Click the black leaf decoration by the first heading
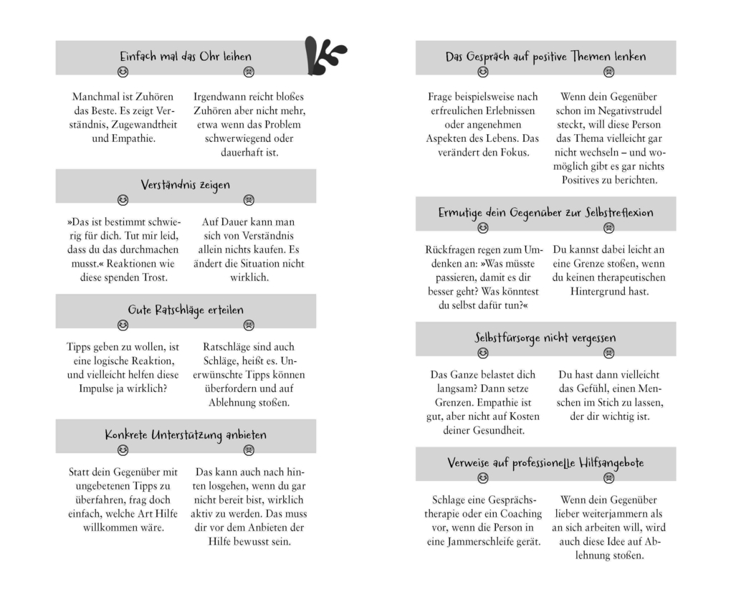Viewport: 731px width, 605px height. (x=325, y=55)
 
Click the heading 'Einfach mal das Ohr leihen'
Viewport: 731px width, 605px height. (x=185, y=56)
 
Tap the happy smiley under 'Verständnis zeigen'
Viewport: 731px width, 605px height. (x=123, y=199)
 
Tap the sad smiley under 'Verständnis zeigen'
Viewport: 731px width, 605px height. (x=249, y=199)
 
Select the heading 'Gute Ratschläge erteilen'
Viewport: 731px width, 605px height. (x=185, y=310)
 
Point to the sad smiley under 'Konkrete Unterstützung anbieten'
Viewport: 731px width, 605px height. (x=249, y=449)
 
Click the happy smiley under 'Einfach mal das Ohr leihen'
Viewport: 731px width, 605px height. (x=123, y=72)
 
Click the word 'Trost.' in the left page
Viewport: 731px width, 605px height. (x=152, y=277)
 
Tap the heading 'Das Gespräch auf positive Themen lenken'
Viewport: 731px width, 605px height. (x=545, y=56)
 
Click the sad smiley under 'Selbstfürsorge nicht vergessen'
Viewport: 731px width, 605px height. (x=608, y=353)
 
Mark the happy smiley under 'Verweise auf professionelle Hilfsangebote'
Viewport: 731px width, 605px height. (x=482, y=477)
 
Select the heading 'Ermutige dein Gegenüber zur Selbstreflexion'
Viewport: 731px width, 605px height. (x=545, y=213)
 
